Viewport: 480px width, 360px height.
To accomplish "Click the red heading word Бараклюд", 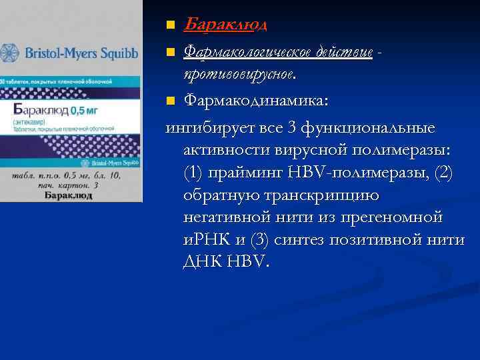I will coord(225,25).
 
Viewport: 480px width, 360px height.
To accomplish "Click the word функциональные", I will coord(369,127).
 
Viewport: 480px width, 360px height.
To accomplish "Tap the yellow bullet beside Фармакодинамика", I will coord(171,101).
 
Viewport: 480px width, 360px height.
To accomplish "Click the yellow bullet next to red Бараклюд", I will coord(171,26).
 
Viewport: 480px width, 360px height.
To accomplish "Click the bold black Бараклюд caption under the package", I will coord(69,196).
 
